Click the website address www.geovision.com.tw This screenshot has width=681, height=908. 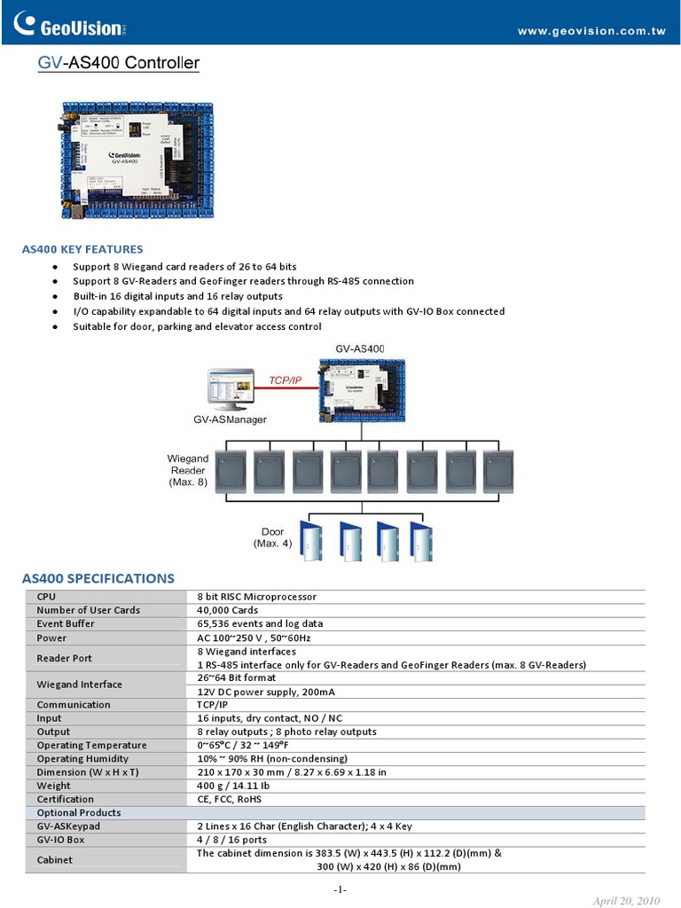[591, 31]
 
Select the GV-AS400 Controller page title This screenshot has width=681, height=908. [118, 64]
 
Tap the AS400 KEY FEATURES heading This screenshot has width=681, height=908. [82, 249]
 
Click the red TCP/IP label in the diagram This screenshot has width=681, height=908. [286, 380]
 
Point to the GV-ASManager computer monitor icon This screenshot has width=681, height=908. [229, 388]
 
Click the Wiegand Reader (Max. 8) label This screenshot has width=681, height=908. [188, 470]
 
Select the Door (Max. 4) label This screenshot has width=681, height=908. [272, 537]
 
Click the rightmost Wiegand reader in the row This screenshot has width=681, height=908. [499, 471]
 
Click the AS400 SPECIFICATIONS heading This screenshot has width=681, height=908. [98, 578]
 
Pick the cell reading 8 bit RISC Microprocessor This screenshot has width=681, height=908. [256, 597]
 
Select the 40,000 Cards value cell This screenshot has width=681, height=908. [227, 610]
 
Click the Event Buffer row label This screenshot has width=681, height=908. [66, 623]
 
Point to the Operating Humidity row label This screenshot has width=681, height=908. [82, 759]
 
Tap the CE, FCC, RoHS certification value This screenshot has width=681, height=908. [230, 799]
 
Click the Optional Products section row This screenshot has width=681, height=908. [79, 812]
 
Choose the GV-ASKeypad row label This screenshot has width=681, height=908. [68, 826]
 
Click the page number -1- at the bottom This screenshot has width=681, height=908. [340, 889]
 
